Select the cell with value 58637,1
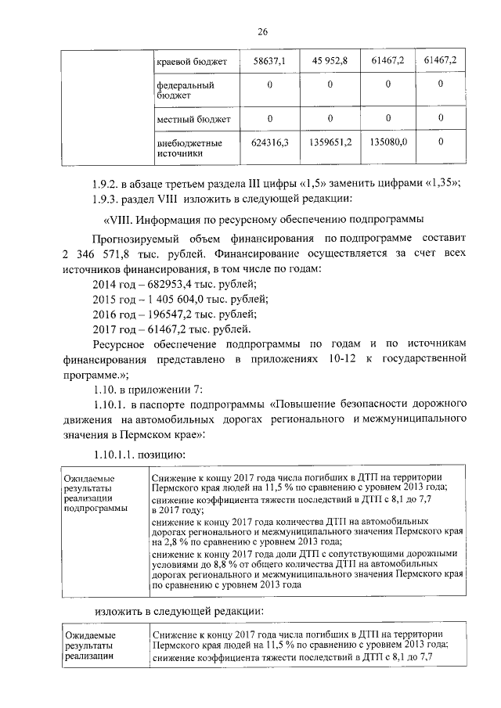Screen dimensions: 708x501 (x=269, y=59)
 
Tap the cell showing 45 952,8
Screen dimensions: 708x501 (x=330, y=59)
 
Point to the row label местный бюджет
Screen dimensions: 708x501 (x=193, y=119)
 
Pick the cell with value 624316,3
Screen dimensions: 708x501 (x=269, y=143)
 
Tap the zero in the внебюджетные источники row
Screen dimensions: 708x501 (x=440, y=143)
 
